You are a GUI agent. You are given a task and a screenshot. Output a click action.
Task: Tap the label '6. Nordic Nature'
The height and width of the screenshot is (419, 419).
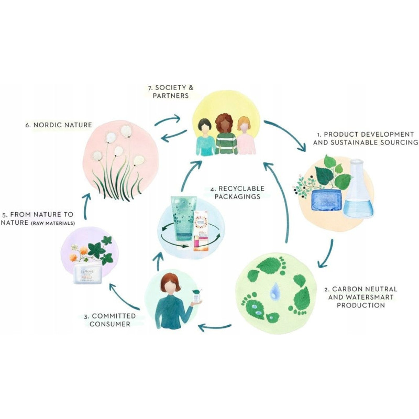(59, 125)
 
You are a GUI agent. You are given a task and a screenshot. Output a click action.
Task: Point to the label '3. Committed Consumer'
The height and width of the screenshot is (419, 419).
(110, 320)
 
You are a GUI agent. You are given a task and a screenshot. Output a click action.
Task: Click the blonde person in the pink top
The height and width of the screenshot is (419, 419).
(245, 137)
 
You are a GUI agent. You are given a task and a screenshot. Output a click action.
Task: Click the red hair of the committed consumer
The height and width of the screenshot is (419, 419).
(171, 282)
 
